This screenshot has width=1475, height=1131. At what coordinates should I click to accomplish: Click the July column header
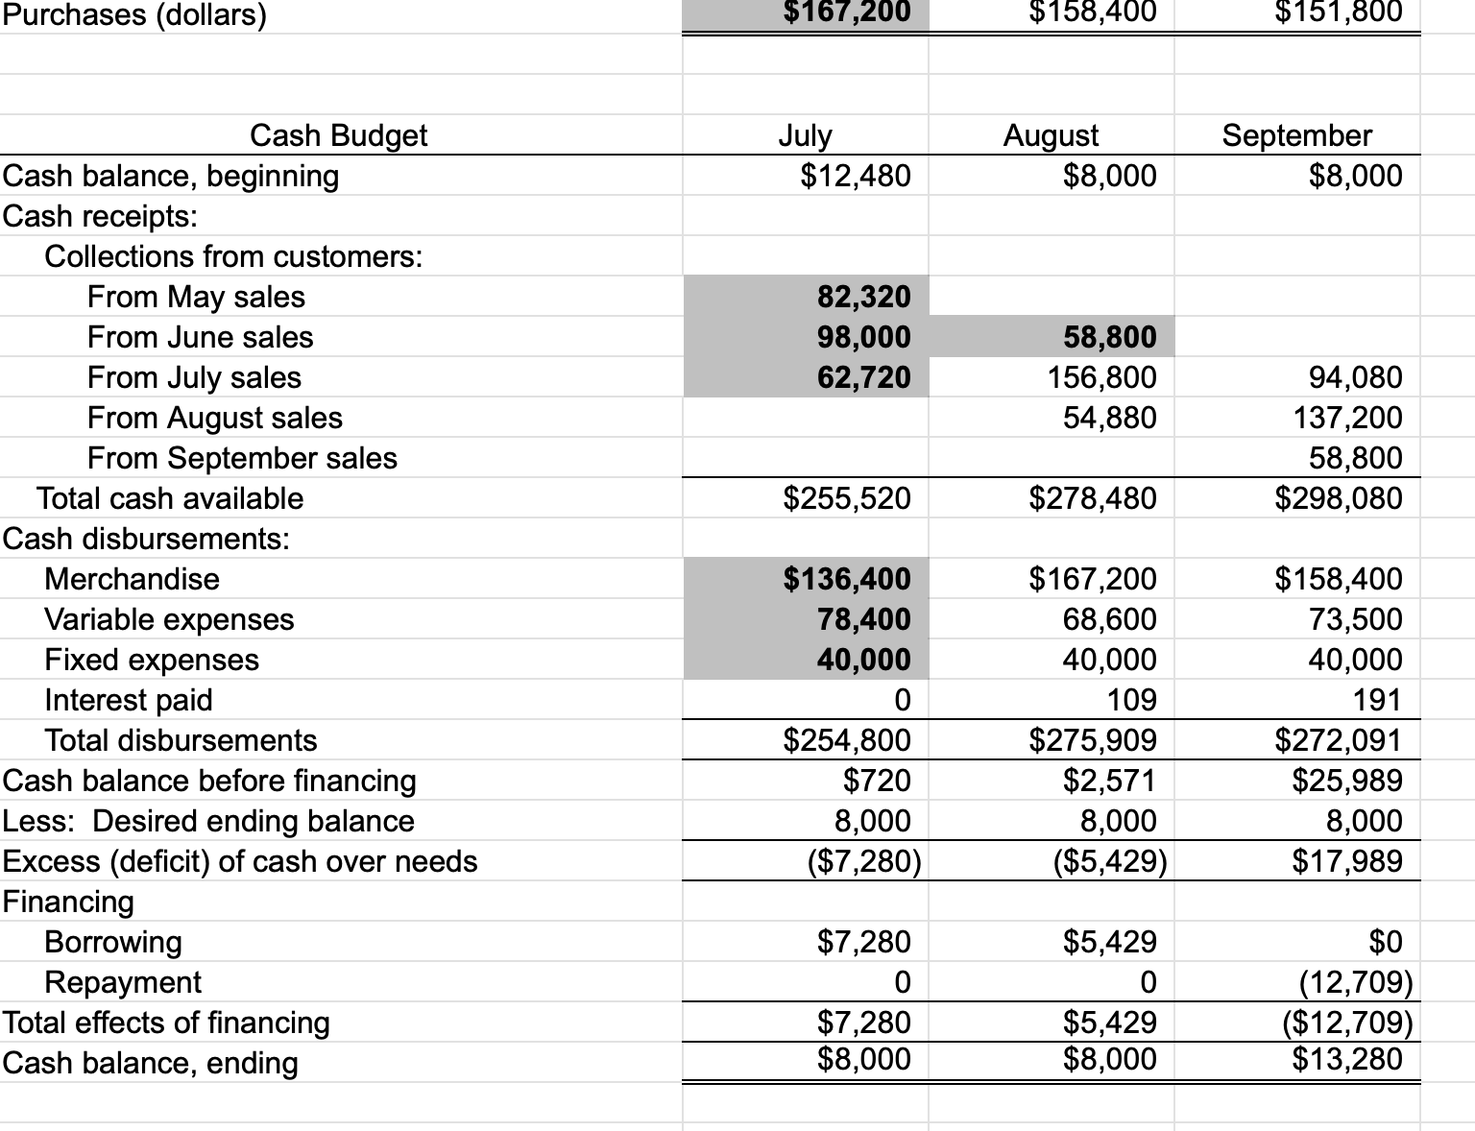click(805, 135)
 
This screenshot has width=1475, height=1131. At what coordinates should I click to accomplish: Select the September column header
click(1296, 135)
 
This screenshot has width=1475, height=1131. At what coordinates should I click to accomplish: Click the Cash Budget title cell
click(338, 135)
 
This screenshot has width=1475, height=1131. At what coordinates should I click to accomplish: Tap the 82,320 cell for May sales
click(863, 297)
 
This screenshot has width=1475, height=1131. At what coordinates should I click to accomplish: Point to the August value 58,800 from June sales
click(1109, 337)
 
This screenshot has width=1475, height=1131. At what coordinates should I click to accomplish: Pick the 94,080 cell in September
click(1355, 377)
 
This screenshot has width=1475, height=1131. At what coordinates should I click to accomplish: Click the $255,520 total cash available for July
click(847, 498)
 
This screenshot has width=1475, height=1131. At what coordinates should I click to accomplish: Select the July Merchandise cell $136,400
click(847, 579)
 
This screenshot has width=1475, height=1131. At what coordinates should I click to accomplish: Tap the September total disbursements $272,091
click(1338, 740)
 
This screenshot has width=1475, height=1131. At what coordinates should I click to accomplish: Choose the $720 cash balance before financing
click(876, 781)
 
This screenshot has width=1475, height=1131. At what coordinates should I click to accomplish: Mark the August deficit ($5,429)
click(1110, 861)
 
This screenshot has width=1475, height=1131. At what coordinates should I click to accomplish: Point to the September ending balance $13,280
click(1346, 1059)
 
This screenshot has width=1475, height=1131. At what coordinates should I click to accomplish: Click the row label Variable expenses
click(169, 619)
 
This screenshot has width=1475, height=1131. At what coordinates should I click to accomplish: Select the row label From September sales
click(242, 458)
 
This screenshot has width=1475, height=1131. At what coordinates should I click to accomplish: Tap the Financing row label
click(68, 902)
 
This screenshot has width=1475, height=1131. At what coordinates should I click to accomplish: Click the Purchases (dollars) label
click(134, 14)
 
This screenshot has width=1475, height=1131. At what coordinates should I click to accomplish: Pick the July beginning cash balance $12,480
click(855, 176)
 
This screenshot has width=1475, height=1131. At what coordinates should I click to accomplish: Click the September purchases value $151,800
click(1338, 12)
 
